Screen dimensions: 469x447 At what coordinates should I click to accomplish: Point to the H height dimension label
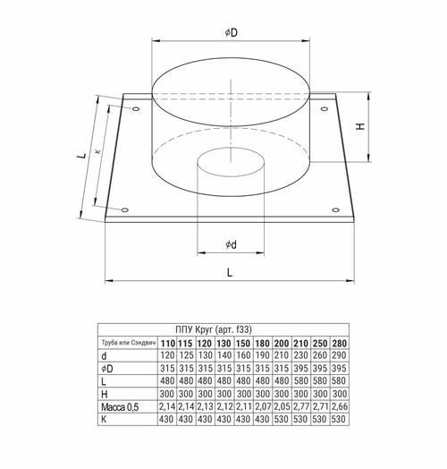359,125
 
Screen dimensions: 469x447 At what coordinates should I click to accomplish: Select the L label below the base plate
230,270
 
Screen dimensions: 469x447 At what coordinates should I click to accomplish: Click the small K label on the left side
97,152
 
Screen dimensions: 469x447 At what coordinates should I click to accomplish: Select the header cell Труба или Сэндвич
127,342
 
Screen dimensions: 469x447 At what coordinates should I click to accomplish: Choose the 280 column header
340,342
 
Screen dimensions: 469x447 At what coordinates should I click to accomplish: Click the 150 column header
242,342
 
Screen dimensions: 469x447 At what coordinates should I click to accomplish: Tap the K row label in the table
105,420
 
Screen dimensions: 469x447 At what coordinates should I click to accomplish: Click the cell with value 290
340,355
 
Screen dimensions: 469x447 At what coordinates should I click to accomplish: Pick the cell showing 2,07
262,407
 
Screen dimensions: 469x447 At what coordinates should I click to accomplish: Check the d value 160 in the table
242,355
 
